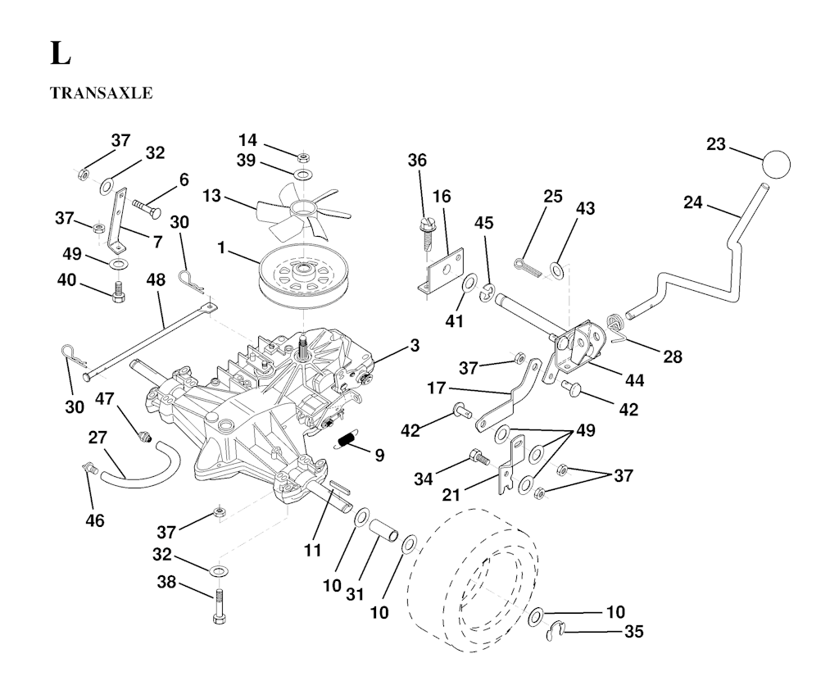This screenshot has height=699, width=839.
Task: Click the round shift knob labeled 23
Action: coord(777,162)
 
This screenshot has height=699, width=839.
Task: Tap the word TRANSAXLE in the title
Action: coord(101,93)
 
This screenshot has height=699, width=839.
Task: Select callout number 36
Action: coord(417,161)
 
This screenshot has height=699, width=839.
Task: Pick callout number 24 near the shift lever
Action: coord(693,202)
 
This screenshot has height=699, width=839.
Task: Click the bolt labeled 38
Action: coord(219,606)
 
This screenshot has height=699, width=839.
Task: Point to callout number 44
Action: coord(634,380)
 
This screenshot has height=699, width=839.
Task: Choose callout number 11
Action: coord(311,551)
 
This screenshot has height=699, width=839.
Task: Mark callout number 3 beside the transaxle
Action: coord(415,346)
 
